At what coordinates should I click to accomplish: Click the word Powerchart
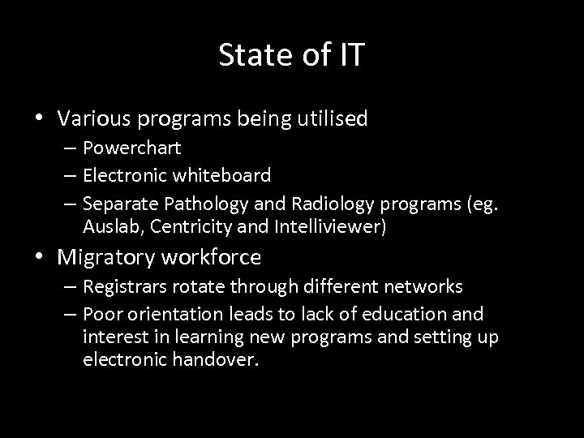point(131,149)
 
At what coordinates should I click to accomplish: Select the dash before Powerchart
point(69,149)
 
